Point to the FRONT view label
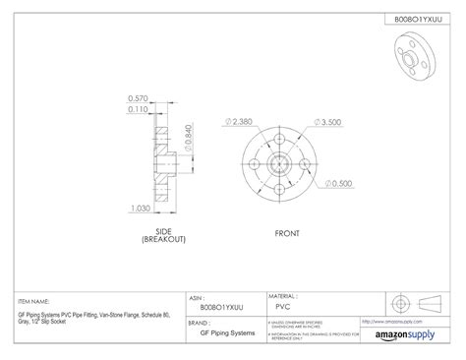(286, 233)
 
